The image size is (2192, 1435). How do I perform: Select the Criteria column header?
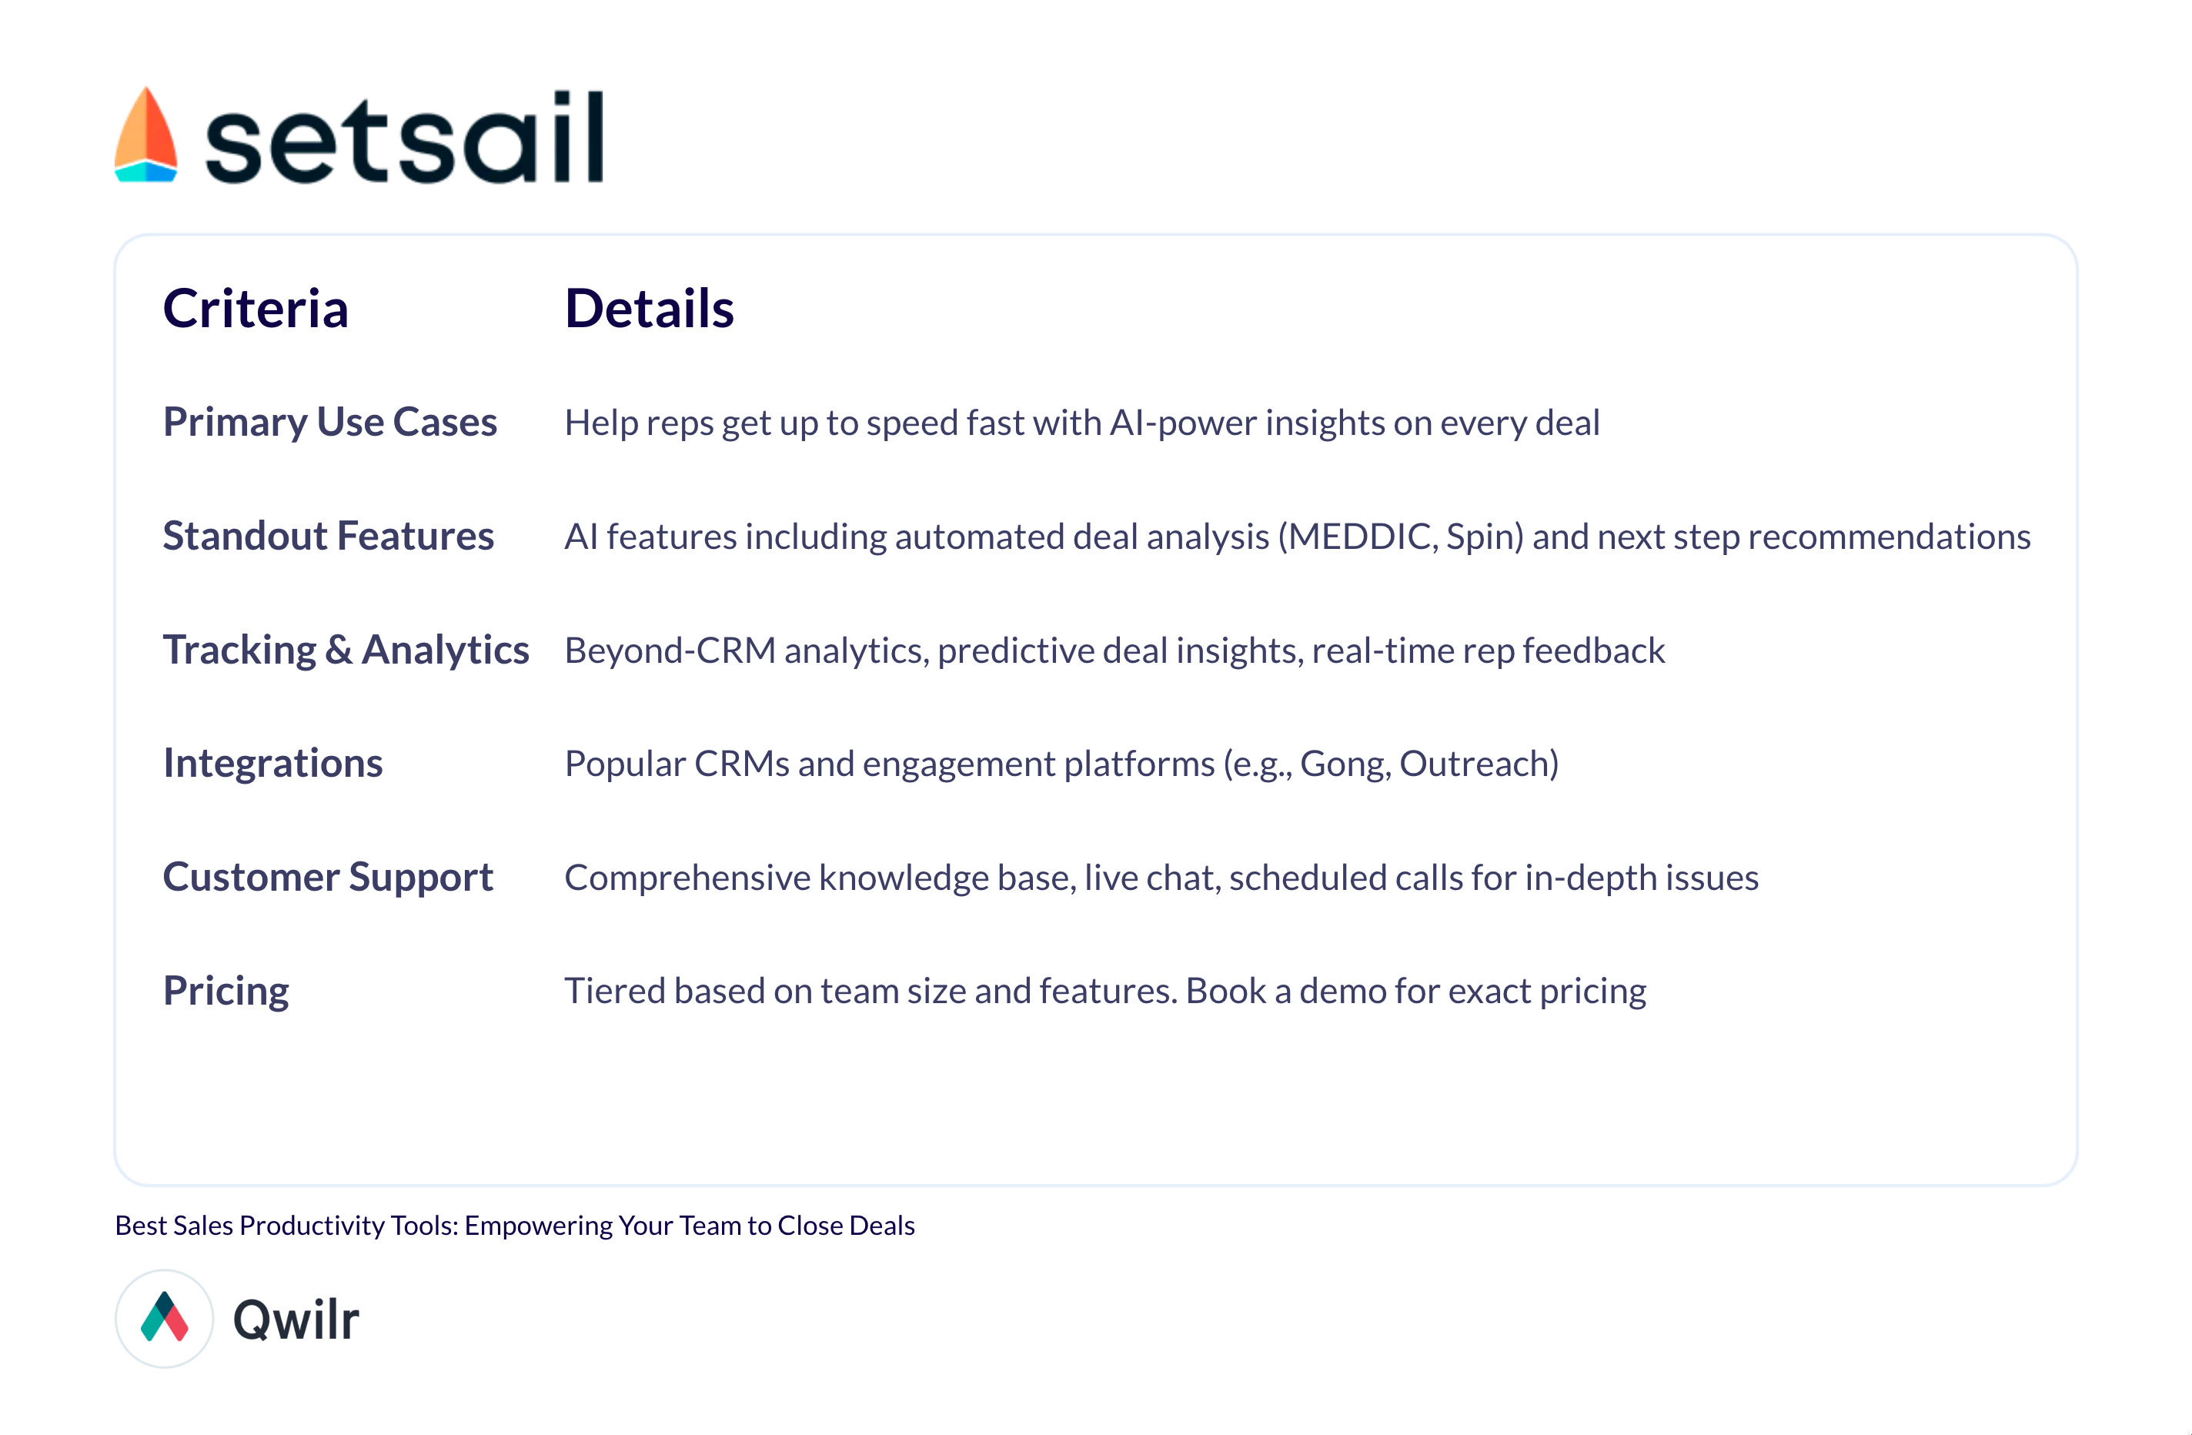(x=255, y=308)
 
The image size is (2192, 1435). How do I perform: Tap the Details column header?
(x=650, y=308)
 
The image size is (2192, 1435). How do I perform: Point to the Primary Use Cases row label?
(x=329, y=422)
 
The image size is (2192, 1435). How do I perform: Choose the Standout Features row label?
(x=328, y=536)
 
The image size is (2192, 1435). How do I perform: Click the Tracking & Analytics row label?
(x=346, y=649)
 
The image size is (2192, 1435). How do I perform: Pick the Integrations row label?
(x=272, y=764)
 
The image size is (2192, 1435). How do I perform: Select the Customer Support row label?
(x=328, y=877)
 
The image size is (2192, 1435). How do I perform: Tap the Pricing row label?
(x=226, y=991)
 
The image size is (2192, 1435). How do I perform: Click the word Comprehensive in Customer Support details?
(x=687, y=878)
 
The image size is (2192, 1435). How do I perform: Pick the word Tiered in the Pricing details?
(x=614, y=991)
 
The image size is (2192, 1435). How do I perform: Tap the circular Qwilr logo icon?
(x=165, y=1318)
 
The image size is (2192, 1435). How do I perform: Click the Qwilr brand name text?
(x=296, y=1319)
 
